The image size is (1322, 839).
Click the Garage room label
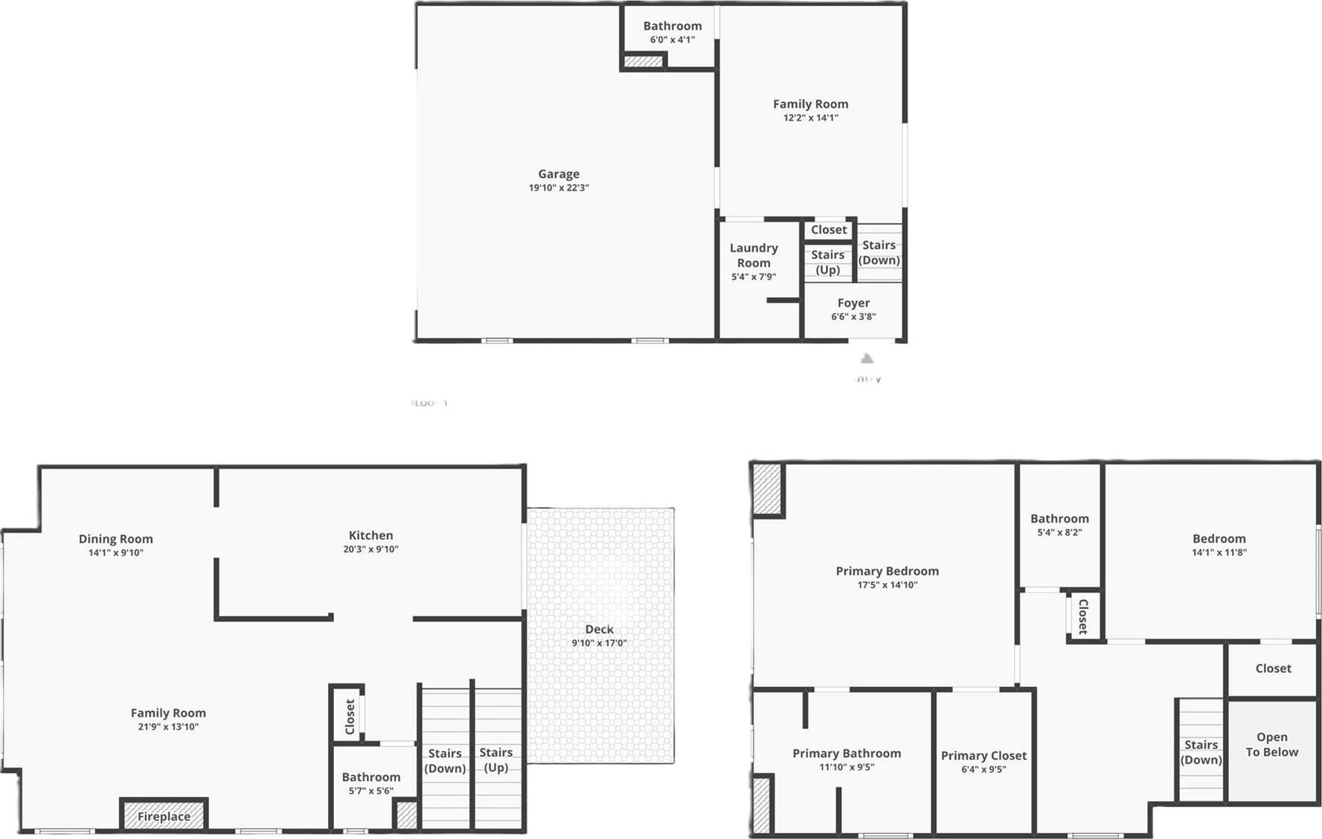click(x=559, y=174)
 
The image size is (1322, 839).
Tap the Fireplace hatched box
click(x=164, y=816)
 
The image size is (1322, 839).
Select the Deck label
click(x=599, y=630)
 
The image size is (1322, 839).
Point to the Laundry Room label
click(x=754, y=255)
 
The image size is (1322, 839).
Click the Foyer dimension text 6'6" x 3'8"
click(x=853, y=316)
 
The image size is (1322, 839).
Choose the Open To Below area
click(x=1272, y=745)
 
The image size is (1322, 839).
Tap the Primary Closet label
click(x=984, y=756)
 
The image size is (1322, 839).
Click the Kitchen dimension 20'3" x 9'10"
click(x=370, y=549)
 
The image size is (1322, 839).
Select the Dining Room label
click(x=116, y=539)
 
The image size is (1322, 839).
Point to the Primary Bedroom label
click(x=887, y=571)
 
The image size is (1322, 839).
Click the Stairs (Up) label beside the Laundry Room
click(x=827, y=262)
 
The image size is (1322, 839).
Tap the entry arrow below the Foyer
click(x=867, y=359)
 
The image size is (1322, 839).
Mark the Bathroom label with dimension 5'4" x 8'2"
click(x=1059, y=519)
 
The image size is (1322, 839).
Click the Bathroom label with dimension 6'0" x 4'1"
click(x=673, y=26)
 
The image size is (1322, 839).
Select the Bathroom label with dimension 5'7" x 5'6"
click(x=371, y=777)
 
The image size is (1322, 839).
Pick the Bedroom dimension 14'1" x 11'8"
click(x=1219, y=552)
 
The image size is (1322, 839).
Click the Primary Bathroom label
click(x=847, y=753)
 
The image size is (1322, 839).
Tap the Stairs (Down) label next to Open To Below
click(x=1201, y=752)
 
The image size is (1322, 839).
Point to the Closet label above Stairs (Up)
click(x=829, y=230)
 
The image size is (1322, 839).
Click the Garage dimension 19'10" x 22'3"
click(x=559, y=188)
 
